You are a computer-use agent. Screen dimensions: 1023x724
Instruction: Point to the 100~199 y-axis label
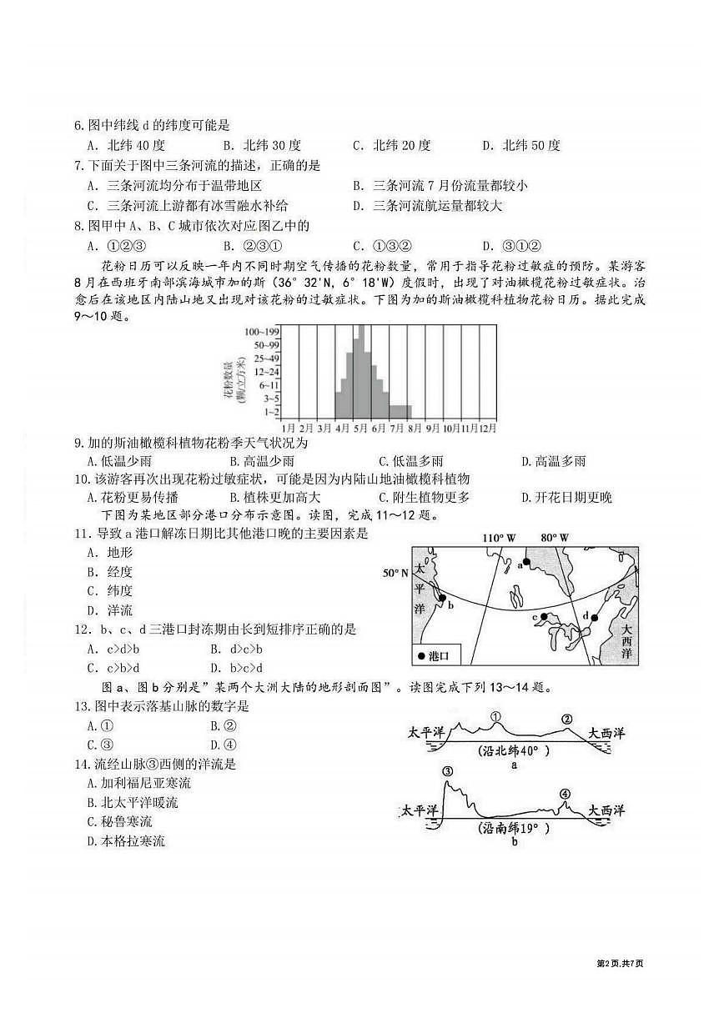point(260,332)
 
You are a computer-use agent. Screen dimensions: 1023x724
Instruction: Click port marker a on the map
point(526,563)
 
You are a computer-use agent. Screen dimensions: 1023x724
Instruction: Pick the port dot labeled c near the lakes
point(543,617)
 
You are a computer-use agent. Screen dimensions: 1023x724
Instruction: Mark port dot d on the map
point(594,618)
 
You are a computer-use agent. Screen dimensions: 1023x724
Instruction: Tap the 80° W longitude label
point(554,538)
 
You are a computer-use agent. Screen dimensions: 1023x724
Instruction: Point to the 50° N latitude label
point(396,573)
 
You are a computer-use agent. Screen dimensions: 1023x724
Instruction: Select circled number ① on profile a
point(495,716)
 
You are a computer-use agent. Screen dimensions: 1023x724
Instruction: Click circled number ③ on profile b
point(448,771)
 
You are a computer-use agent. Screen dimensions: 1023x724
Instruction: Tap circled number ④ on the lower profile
point(566,793)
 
